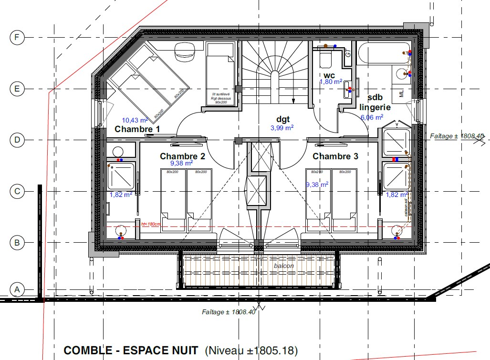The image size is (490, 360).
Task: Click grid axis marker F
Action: click(17, 38)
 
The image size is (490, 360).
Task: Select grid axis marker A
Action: click(17, 289)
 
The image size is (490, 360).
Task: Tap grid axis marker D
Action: click(17, 140)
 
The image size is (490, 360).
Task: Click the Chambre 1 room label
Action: click(137, 129)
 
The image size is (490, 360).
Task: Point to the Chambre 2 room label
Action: click(182, 156)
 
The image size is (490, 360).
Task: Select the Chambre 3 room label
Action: click(335, 156)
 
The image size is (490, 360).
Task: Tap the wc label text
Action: click(330, 75)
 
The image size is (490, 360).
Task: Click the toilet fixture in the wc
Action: click(326, 59)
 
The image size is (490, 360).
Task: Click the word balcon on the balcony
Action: click(284, 266)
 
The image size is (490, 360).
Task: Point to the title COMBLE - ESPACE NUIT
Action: click(131, 351)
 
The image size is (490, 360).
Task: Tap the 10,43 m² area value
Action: click(135, 120)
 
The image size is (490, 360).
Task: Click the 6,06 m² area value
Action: click(372, 117)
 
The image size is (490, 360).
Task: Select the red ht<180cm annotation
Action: click(150, 224)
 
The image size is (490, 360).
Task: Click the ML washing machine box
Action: click(401, 92)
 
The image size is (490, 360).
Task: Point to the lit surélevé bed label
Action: click(221, 98)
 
